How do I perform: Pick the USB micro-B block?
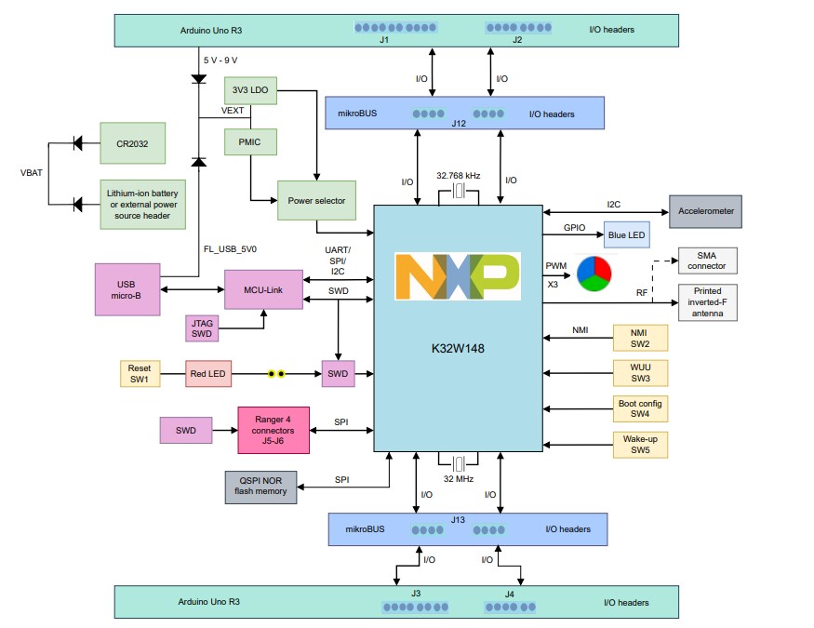point(127,289)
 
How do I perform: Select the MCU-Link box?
point(263,289)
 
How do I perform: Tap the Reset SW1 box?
point(140,374)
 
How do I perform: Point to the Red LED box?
point(209,374)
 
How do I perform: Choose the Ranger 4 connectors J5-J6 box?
point(274,430)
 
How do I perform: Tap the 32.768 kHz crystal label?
point(458,175)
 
